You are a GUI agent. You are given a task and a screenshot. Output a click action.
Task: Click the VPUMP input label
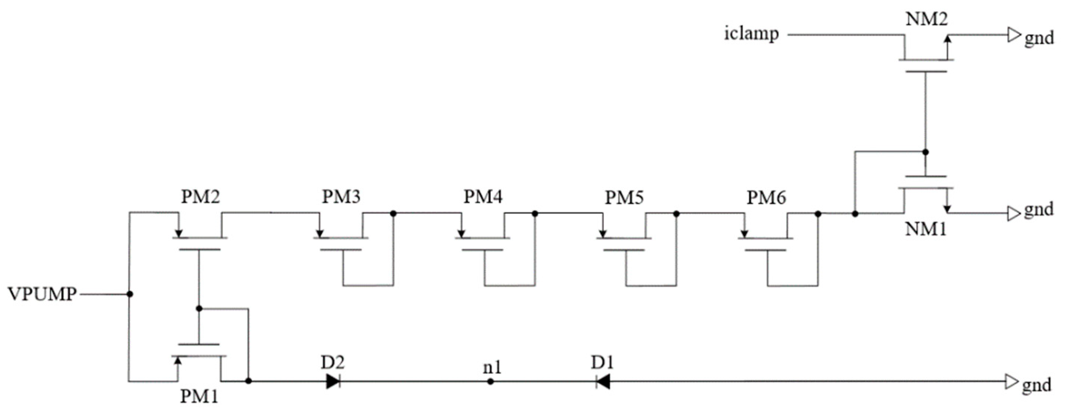(x=42, y=294)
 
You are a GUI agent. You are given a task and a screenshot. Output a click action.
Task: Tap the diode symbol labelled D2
(x=333, y=381)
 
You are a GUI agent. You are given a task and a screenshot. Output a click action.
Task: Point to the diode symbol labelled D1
(x=603, y=381)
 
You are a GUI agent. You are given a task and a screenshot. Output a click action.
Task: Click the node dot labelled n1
(x=490, y=381)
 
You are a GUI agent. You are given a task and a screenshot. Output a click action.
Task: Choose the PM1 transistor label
(x=199, y=397)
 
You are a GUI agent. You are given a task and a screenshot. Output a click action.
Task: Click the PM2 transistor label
(x=201, y=197)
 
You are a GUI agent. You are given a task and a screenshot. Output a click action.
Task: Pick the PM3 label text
(x=342, y=197)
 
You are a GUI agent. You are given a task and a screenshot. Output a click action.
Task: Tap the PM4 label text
(x=483, y=197)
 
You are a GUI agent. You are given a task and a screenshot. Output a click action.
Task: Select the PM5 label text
(x=624, y=197)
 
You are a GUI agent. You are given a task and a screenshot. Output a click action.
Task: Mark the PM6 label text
(x=766, y=198)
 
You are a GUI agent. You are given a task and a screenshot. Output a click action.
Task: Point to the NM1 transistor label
(x=925, y=229)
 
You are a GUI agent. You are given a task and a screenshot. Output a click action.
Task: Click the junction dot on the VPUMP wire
(x=130, y=294)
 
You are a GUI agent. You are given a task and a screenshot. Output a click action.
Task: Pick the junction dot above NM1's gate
(x=925, y=152)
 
